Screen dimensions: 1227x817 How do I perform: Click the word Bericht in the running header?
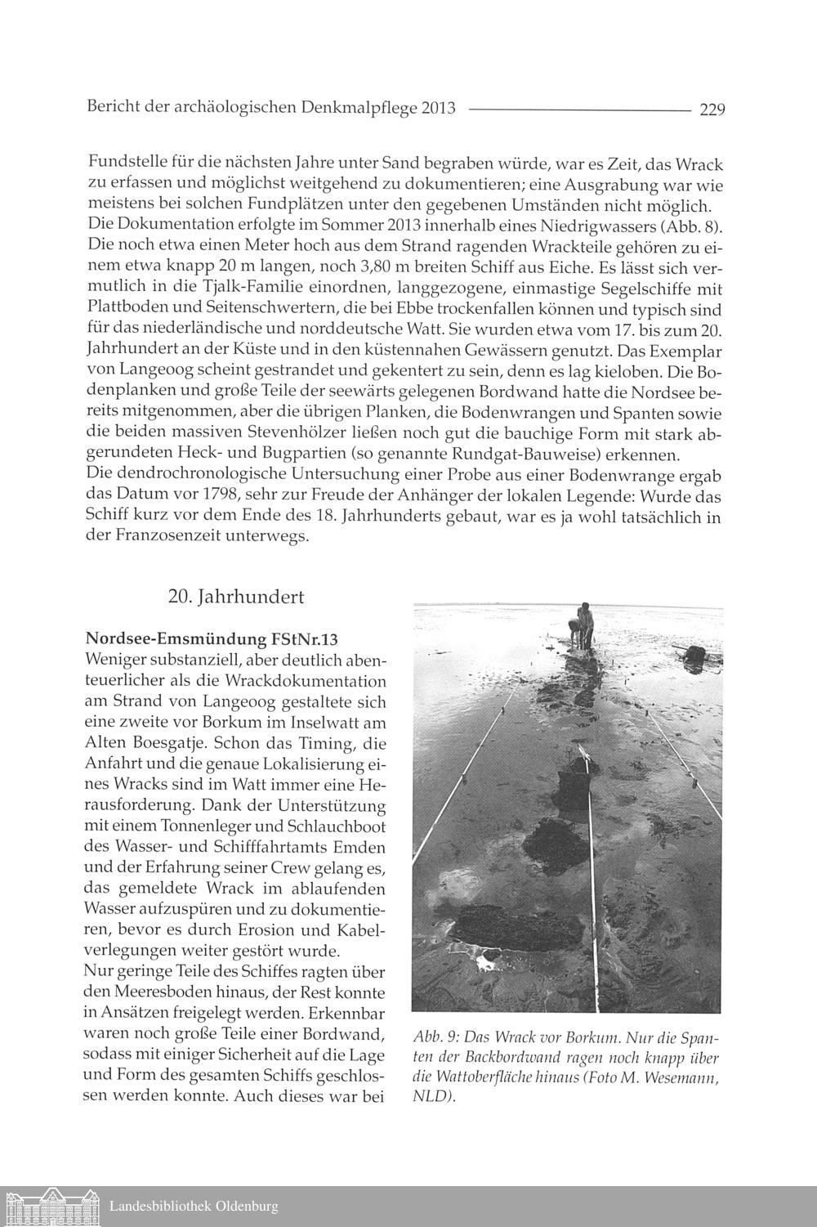112,108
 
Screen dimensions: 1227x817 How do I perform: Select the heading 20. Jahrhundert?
235,598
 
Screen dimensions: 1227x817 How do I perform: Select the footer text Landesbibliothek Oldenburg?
194,1207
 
